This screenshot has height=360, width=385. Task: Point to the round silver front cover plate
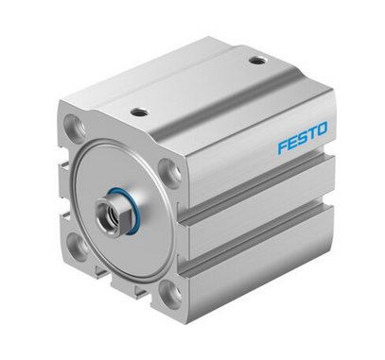pyautogui.click(x=104, y=170)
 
